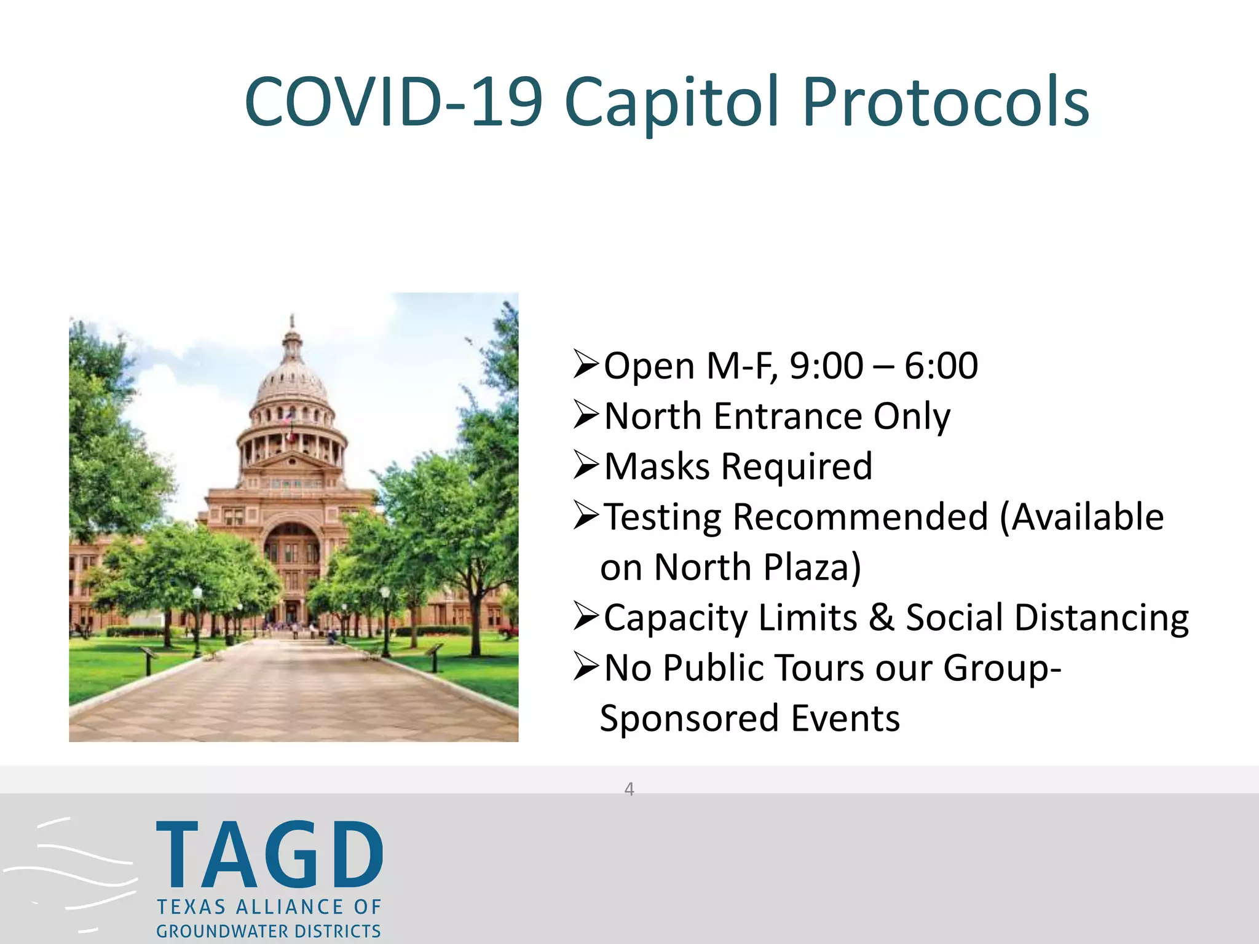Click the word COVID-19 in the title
pyautogui.click(x=393, y=102)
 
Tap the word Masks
pyautogui.click(x=657, y=466)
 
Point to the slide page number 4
pyautogui.click(x=629, y=789)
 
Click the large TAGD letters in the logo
pyautogui.click(x=269, y=855)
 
